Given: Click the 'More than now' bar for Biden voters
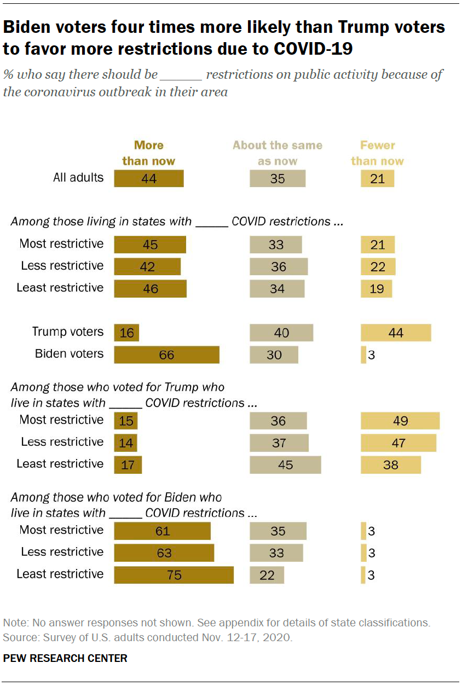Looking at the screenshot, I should point(166,354).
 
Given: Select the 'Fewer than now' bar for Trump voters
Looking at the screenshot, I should point(396,333).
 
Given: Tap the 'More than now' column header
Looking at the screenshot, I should point(148,153).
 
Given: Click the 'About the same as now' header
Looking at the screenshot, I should point(277,153).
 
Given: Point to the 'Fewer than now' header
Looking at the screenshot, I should point(377,153).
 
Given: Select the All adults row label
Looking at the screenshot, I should point(78,177).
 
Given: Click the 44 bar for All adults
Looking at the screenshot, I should point(149,178).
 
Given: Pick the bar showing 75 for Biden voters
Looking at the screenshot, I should point(174,575).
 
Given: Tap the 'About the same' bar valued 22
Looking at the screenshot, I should point(267,575).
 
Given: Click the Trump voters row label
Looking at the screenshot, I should point(68,332).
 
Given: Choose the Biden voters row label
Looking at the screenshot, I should point(69,353).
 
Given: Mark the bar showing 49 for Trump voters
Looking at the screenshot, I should point(400,421).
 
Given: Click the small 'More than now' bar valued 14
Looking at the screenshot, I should point(125,443).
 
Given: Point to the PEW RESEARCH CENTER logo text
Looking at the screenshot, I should point(65,658).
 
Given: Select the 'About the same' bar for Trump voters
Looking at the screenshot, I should point(281,333).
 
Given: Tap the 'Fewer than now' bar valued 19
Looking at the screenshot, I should point(376,289).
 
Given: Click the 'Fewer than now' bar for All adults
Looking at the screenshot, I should point(377,178).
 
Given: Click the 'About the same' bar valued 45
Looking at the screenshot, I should point(285,465).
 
